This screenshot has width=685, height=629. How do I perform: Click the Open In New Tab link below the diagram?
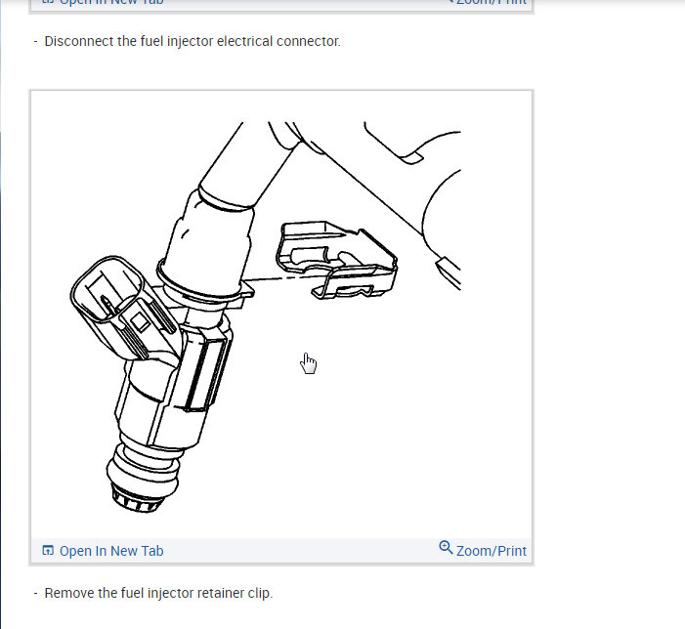(x=110, y=551)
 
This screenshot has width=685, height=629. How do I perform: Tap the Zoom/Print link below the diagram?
(x=491, y=551)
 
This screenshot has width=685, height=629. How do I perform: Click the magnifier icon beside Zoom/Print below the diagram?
(x=446, y=548)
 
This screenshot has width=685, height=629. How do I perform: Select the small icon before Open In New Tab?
(x=48, y=551)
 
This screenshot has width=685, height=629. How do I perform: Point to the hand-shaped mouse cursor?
(x=309, y=363)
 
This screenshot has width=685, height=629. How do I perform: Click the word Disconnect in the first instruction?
(x=76, y=42)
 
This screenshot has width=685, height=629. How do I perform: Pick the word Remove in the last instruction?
(x=69, y=593)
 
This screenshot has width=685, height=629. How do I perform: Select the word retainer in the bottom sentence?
(x=220, y=593)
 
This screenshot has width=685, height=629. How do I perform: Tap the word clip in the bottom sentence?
(x=260, y=593)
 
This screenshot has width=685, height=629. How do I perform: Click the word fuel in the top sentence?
(x=144, y=42)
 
